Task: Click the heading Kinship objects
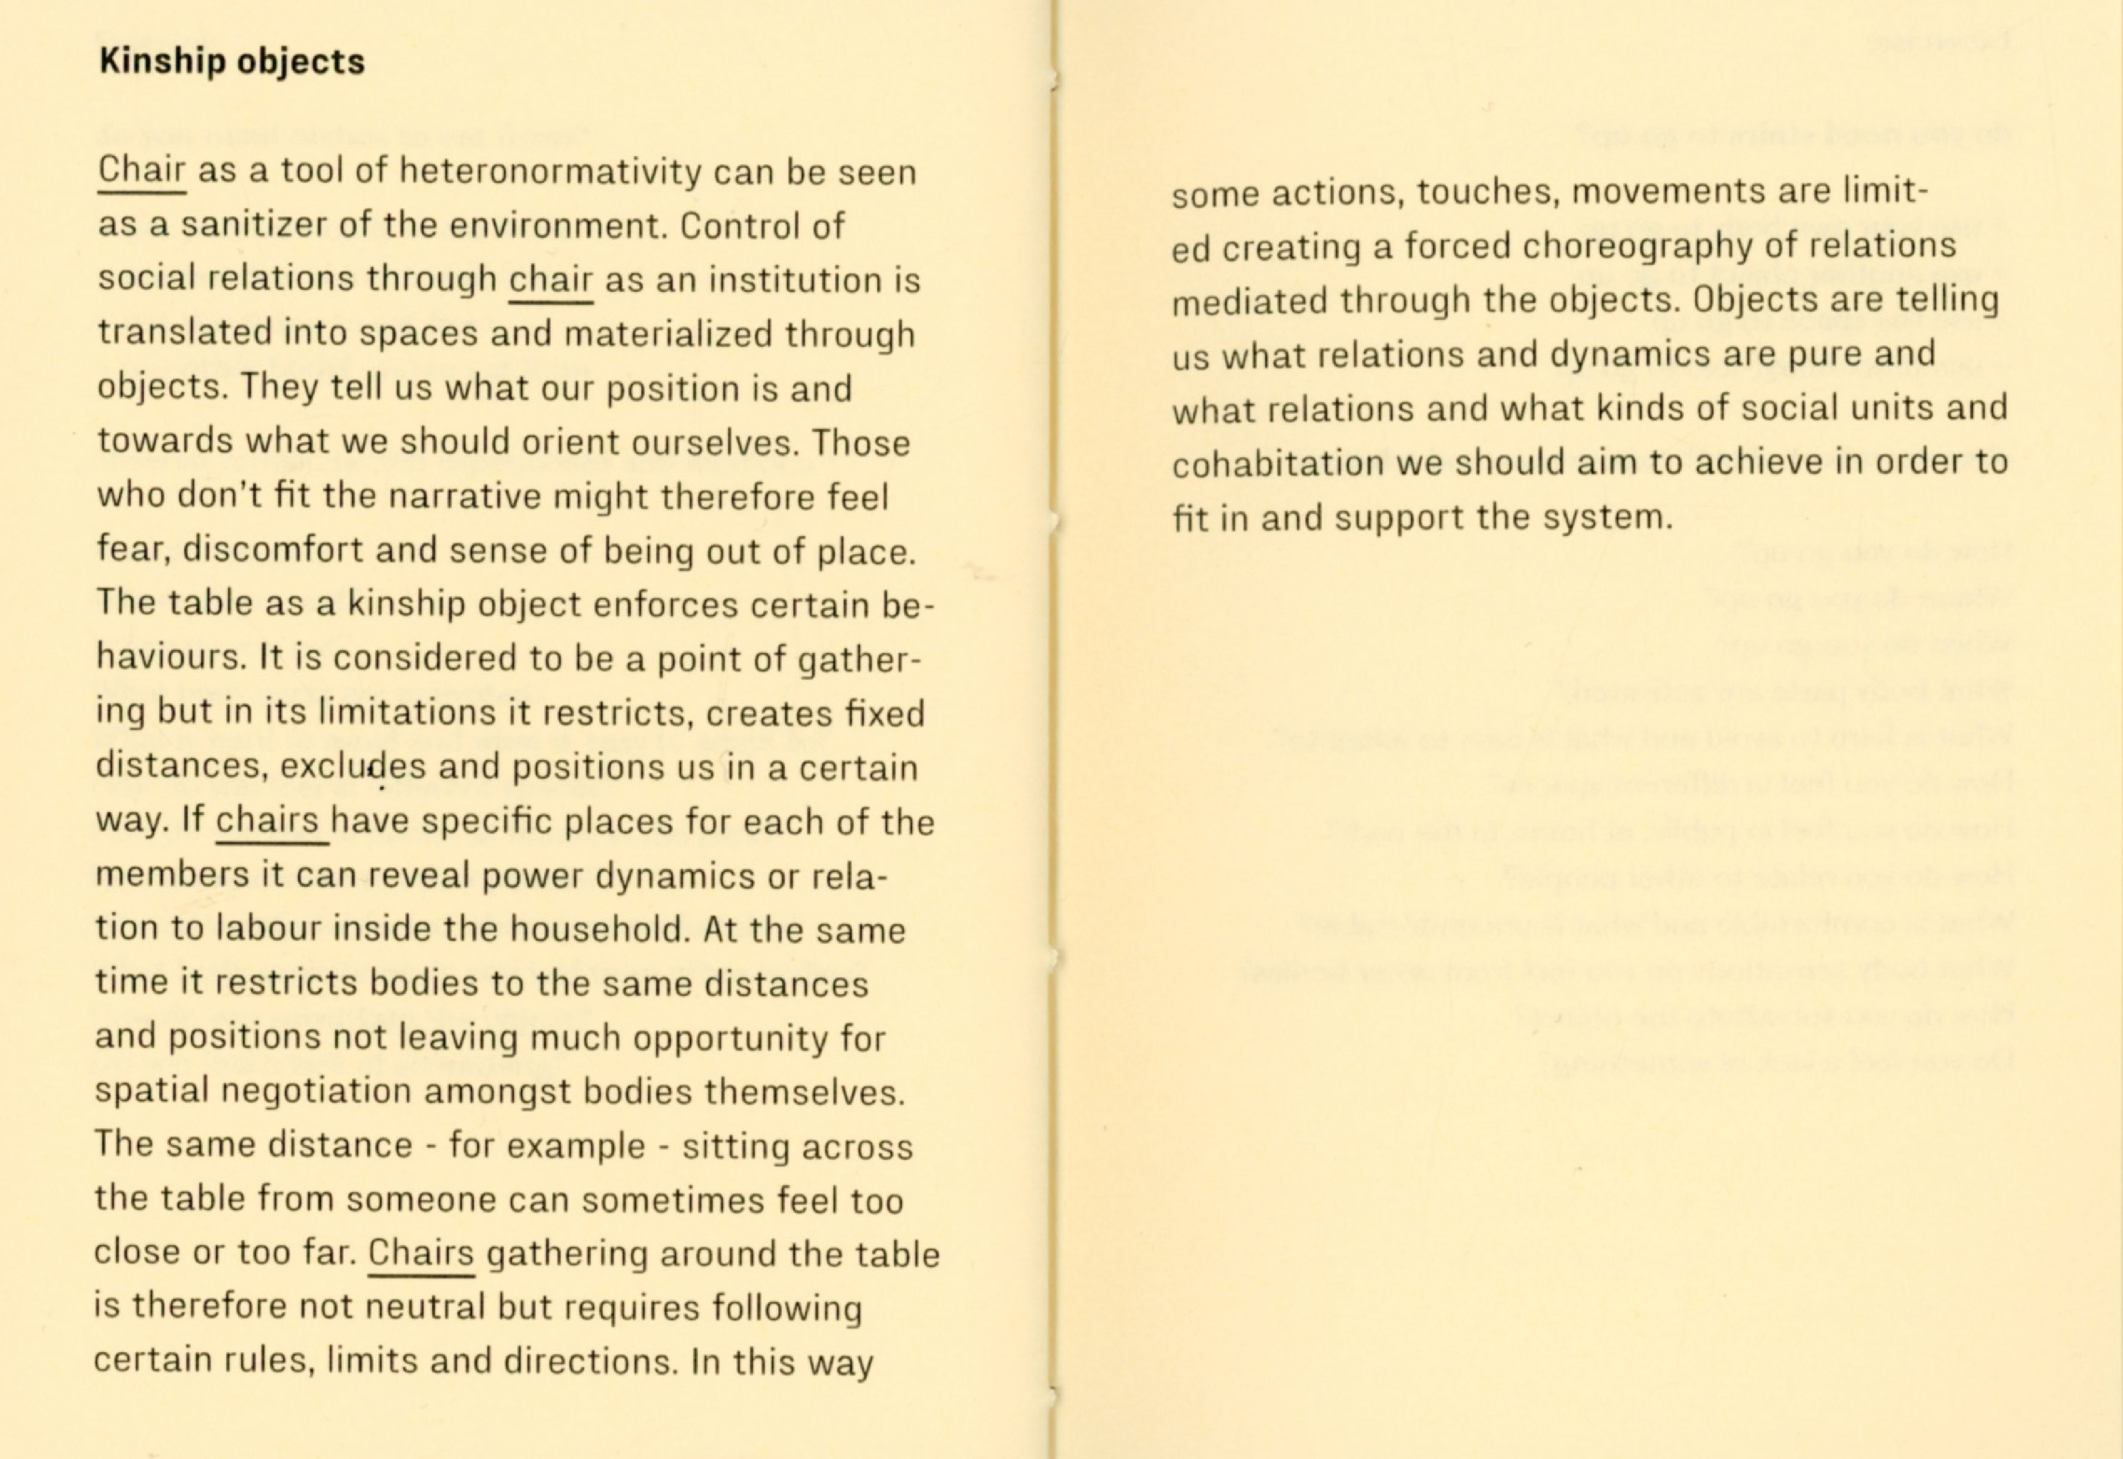click(231, 61)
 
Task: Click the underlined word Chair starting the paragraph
click(142, 171)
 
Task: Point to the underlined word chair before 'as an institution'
click(550, 280)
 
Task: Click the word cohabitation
click(1277, 463)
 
